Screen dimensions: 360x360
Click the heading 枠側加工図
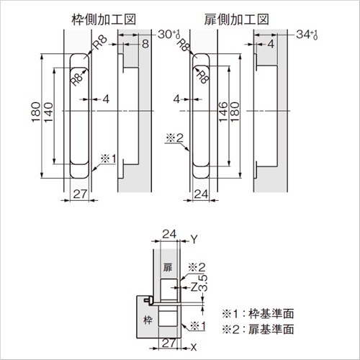point(104,19)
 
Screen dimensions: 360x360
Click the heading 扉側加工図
point(237,19)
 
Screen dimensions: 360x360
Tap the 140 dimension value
point(48,112)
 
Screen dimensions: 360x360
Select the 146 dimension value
point(223,112)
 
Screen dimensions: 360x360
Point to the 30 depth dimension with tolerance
point(169,35)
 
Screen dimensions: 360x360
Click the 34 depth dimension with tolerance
point(307,35)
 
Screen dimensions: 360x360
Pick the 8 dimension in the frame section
point(145,44)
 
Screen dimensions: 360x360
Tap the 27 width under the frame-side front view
point(80,194)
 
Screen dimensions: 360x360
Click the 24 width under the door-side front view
point(201,194)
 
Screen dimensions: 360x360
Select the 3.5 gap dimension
point(204,283)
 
